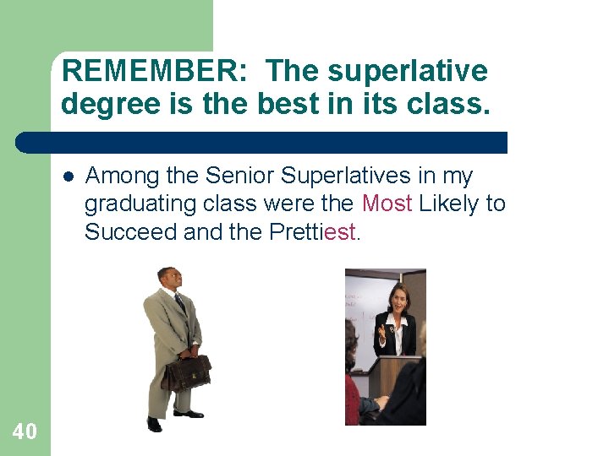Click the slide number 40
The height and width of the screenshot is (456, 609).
[25, 432]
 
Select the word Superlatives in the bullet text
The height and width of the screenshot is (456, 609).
[354, 176]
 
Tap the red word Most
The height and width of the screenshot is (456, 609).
[387, 204]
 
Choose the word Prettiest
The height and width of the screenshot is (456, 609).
[314, 232]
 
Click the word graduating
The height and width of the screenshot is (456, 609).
[138, 204]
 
